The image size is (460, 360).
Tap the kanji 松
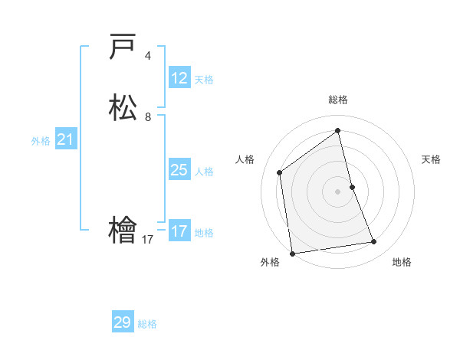point(123,107)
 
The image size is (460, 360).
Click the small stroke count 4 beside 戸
point(148,56)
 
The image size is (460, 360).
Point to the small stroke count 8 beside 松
point(148,117)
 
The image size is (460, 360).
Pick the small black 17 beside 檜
point(148,240)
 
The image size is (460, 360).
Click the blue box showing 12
point(179,78)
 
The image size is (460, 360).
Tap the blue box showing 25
point(179,170)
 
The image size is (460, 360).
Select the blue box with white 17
point(179,231)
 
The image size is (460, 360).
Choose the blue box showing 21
point(65,139)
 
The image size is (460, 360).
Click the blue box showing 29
point(123,322)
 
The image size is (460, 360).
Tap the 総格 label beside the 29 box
point(147,324)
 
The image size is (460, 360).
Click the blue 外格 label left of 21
point(41,141)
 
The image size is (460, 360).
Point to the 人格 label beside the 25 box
point(205,172)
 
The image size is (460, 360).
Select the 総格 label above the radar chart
point(338,100)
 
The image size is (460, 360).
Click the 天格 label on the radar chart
point(431,159)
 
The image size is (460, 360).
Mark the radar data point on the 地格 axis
point(374,242)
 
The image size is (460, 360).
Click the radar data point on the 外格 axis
point(292,253)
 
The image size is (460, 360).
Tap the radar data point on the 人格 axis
point(280,172)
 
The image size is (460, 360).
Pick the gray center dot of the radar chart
point(338,191)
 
